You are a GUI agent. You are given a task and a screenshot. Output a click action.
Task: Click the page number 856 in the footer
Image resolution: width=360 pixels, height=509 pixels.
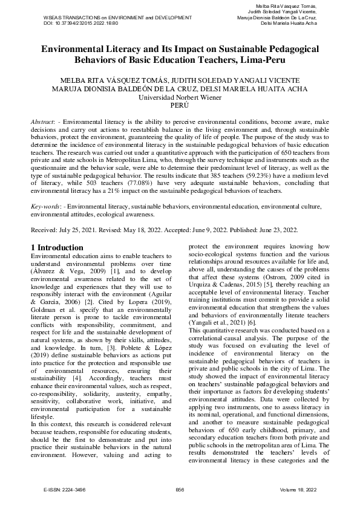click(180, 488)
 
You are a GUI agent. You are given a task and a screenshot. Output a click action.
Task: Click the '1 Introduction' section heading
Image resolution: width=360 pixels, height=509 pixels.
click(57, 248)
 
